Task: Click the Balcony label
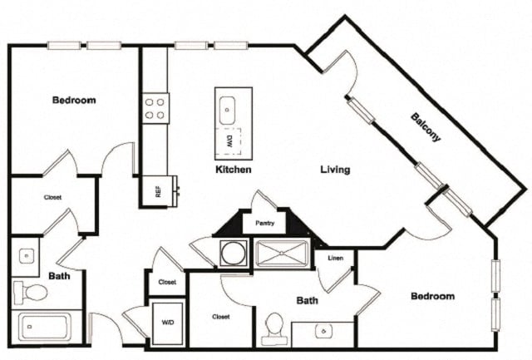tap(426, 127)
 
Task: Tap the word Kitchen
tap(234, 170)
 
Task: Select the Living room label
tap(335, 170)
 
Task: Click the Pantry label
tap(264, 224)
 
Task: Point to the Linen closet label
tap(335, 259)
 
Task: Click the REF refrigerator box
tap(157, 190)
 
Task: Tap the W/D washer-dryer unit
tap(168, 323)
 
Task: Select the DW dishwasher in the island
tap(229, 141)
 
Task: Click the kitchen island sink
tap(227, 111)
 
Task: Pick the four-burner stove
tap(155, 109)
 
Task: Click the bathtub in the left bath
tap(45, 327)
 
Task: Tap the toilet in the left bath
tap(31, 292)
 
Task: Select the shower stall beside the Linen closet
tap(282, 253)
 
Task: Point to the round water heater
tap(234, 253)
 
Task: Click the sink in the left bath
tap(27, 256)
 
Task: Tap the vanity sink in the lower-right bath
tap(323, 331)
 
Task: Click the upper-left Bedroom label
tap(74, 100)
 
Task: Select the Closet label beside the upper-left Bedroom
tap(52, 197)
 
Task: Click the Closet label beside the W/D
tap(167, 282)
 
